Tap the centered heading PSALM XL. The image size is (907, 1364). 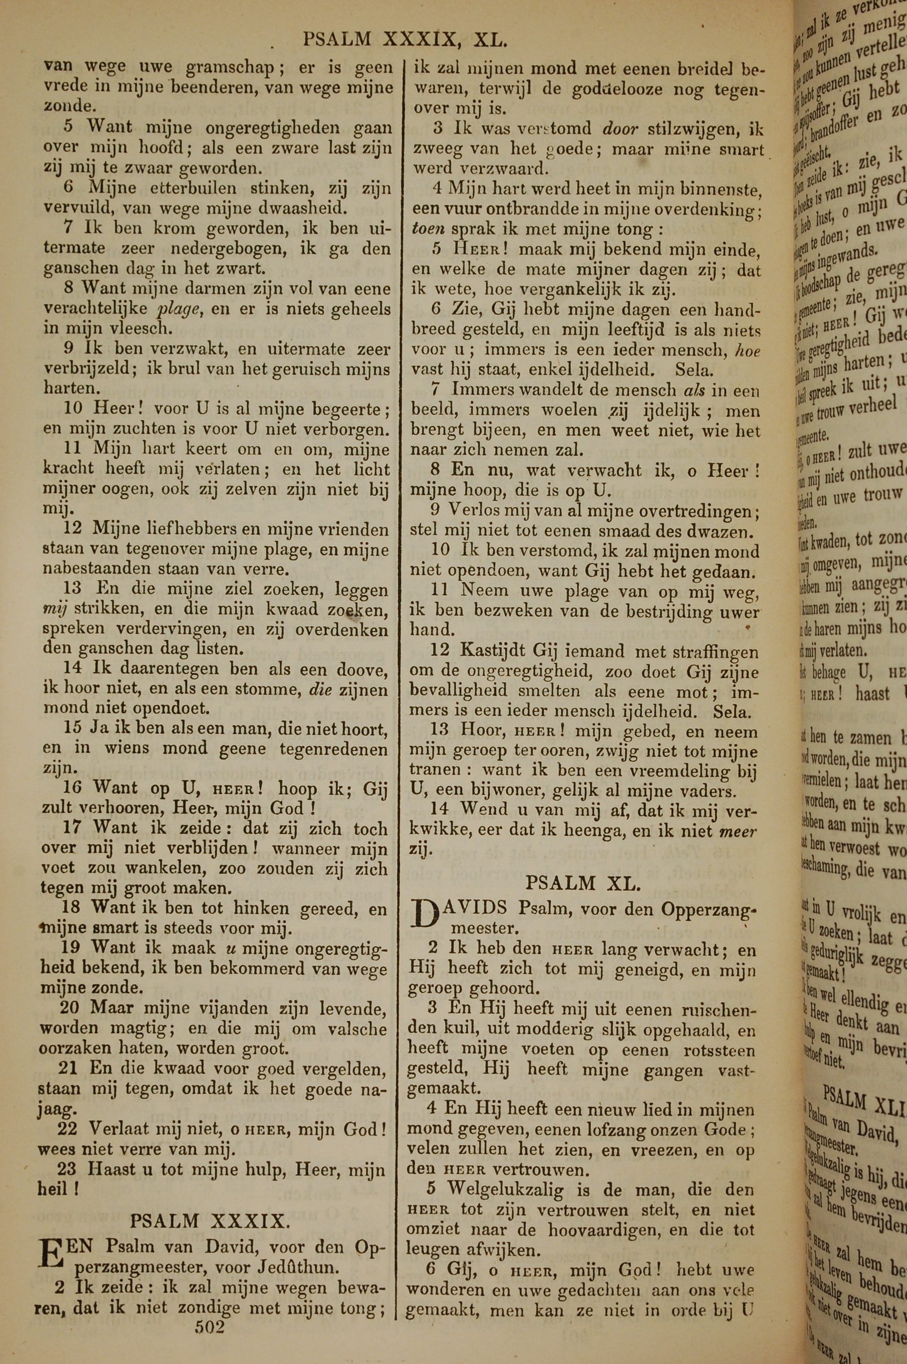[583, 883]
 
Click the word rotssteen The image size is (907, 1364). [719, 1050]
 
